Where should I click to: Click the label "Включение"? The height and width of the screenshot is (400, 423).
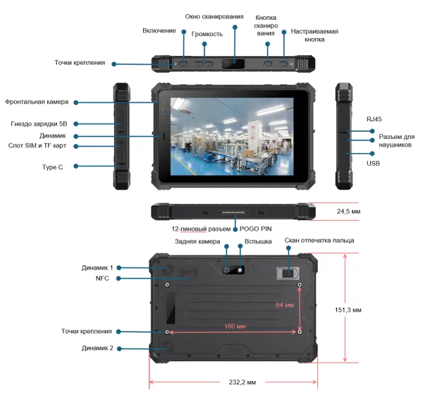(x=159, y=31)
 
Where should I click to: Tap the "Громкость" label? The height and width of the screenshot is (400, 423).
(x=207, y=35)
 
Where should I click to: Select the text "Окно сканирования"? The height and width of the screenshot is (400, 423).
(x=214, y=17)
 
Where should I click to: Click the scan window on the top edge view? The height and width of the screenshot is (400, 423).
(x=233, y=64)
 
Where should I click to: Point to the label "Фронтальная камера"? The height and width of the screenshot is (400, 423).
(x=37, y=102)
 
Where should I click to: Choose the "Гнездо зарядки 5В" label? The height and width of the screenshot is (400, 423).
(x=39, y=124)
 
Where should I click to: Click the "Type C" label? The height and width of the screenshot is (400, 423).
(x=53, y=167)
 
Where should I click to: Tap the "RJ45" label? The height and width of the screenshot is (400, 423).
(x=374, y=119)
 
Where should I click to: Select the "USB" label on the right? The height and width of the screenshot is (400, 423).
(x=373, y=163)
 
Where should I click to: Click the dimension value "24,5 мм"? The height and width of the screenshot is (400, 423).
(x=348, y=212)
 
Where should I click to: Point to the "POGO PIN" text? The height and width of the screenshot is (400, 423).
(x=255, y=229)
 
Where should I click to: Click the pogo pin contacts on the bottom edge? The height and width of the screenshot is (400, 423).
(x=233, y=212)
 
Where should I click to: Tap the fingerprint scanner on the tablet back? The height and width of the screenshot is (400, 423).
(x=288, y=274)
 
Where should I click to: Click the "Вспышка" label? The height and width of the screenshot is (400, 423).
(x=258, y=241)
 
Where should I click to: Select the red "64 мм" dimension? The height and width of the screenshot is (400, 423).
(x=285, y=305)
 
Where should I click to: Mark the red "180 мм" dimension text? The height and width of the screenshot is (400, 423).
(x=235, y=327)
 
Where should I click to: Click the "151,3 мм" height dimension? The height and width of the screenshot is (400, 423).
(x=348, y=310)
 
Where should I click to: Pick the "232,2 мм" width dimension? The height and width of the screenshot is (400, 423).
(x=243, y=382)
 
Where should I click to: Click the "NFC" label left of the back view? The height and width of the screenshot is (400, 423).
(x=102, y=278)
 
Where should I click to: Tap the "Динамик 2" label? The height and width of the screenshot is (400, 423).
(x=97, y=349)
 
